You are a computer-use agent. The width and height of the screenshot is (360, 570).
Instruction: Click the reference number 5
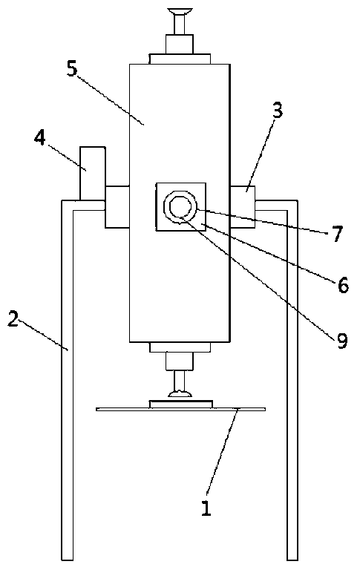[72, 69]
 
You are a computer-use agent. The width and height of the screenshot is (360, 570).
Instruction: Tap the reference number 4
[40, 138]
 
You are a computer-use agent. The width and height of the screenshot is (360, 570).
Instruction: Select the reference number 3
[278, 111]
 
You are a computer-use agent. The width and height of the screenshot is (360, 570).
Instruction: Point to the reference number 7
[338, 234]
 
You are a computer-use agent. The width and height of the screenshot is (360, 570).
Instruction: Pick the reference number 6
[343, 285]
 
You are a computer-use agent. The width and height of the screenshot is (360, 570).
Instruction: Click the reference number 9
[342, 341]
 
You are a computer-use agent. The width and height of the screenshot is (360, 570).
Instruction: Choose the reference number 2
[13, 319]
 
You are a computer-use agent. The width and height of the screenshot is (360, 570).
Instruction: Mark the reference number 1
[206, 508]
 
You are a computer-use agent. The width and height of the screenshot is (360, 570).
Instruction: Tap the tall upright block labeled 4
[92, 174]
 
